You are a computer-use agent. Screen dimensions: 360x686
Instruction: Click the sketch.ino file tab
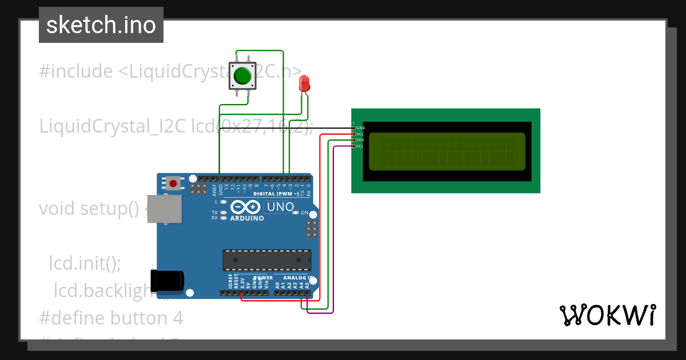[101, 25]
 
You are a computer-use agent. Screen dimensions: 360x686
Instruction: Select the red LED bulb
[305, 83]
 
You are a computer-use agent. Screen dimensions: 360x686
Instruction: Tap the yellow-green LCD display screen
[446, 151]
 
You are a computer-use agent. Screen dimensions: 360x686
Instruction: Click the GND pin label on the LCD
[360, 127]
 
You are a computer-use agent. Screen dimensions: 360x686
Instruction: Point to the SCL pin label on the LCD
[360, 146]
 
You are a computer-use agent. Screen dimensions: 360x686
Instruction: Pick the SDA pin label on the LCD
[360, 140]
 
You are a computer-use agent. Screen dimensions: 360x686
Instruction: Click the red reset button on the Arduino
[173, 183]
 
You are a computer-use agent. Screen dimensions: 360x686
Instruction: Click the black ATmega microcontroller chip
[267, 260]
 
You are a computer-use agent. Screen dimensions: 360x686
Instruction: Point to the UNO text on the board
[281, 207]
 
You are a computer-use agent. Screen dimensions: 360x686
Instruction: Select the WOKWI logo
[607, 315]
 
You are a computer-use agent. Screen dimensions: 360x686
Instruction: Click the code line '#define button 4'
[111, 317]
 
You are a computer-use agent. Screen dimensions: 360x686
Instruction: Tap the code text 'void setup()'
[89, 209]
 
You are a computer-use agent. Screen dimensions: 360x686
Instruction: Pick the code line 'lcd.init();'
[85, 263]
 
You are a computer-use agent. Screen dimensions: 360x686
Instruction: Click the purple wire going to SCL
[333, 229]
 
